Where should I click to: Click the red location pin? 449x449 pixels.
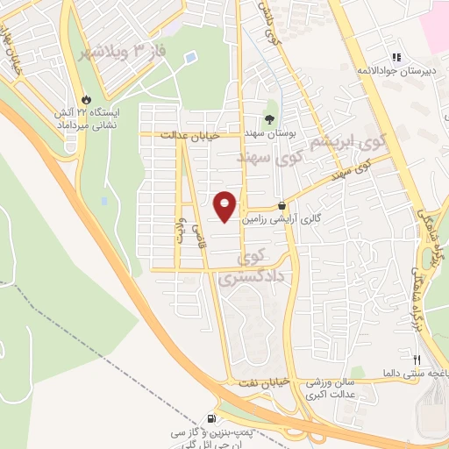click(225, 206)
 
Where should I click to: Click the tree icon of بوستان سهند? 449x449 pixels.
click(269, 119)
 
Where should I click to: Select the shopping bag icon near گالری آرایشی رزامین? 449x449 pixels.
click(281, 205)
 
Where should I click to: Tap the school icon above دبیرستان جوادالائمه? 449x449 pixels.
click(396, 56)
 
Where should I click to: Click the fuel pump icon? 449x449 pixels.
click(211, 418)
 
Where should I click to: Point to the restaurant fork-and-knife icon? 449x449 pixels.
click(417, 360)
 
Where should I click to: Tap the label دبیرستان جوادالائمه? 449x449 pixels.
click(395, 69)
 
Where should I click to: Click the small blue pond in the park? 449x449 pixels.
click(190, 59)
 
